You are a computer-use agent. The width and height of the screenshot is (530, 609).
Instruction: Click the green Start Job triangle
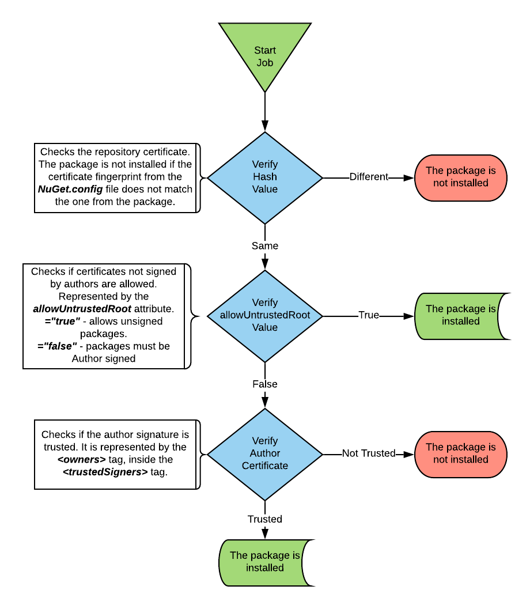coord(265,52)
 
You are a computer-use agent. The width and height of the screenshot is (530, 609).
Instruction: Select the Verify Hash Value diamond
coord(265,177)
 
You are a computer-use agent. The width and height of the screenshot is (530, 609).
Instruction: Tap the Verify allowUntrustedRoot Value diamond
coord(265,315)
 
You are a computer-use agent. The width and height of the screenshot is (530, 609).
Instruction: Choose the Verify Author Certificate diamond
coord(265,453)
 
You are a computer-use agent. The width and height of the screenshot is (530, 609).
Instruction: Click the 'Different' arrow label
coord(369,177)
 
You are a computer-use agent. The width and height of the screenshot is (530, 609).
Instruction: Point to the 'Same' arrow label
coord(265,246)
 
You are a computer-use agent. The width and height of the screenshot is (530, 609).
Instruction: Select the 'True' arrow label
coord(369,315)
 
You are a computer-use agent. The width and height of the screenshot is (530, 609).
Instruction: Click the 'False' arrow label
coord(265,384)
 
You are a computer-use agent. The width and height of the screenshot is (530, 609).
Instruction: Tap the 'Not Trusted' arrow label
coord(369,453)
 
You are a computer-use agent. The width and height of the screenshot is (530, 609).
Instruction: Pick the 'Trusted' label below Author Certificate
coord(265,519)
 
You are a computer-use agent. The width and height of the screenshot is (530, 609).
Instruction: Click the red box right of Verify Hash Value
coord(460,177)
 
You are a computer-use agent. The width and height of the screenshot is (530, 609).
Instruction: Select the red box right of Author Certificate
coord(460,453)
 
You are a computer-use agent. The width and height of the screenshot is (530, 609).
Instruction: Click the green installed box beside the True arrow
coord(460,315)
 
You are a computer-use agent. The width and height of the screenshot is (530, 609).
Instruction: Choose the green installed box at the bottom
coord(265,562)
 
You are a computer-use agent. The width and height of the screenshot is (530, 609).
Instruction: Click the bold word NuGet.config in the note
coord(70,189)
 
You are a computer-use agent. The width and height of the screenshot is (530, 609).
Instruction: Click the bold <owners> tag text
coord(81,459)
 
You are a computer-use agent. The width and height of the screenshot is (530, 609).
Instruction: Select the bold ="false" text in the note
coord(56,346)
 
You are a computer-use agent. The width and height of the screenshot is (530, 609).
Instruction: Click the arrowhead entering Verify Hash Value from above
coord(265,126)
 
